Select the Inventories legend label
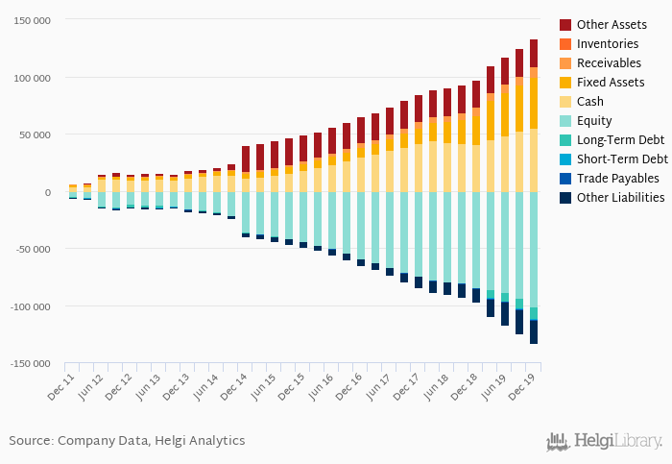point(608,44)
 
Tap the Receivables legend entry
point(609,63)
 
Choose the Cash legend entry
point(591,102)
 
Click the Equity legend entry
point(594,121)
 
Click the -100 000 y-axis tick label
point(31,306)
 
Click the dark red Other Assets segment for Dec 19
point(534,53)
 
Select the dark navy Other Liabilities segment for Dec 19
point(534,331)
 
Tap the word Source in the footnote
point(31,441)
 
